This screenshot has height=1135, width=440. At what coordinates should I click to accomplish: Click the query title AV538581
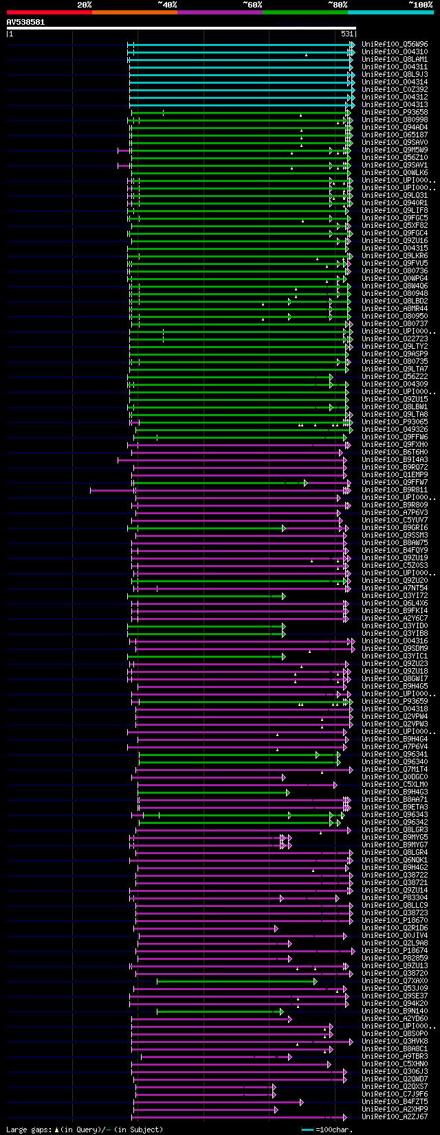pos(25,22)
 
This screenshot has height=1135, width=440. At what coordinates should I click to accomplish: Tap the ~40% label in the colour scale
pos(167,4)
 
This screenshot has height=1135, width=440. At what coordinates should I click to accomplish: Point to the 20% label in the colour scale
pos(84,4)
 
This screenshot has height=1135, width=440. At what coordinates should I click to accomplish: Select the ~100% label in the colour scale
pos(421,4)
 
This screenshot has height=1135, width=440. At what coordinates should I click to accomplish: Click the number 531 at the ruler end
pos(347,34)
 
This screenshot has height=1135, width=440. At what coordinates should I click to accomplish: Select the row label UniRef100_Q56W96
pos(395,44)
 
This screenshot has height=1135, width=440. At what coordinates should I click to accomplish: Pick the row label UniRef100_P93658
pos(395,112)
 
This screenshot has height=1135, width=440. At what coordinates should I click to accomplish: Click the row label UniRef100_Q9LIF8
pos(395,210)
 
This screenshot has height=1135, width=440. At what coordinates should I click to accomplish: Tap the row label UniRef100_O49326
pos(395,429)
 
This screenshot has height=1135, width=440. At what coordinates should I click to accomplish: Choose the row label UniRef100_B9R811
pos(395,490)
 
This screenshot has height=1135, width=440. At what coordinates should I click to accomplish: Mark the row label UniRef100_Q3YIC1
pos(395,656)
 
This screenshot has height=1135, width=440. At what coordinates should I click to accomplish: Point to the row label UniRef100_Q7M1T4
pos(395,769)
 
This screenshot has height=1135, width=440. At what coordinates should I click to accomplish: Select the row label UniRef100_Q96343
pos(395,814)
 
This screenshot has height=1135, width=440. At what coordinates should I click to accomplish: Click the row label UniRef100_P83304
pos(395,897)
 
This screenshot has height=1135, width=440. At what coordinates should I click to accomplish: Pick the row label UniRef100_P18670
pos(395,920)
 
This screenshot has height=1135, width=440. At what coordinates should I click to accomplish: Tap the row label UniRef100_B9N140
pos(395,1011)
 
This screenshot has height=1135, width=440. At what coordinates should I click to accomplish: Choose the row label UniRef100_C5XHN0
pos(395,1064)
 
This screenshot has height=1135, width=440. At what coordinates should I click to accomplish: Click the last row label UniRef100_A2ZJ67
pos(395,1116)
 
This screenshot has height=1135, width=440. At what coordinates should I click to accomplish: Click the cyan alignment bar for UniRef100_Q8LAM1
pos(241,60)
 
